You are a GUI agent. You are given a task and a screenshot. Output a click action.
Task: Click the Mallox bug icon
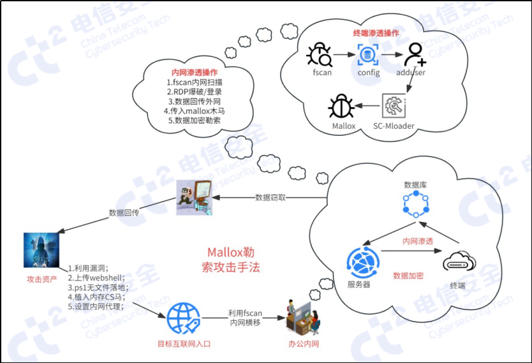342,106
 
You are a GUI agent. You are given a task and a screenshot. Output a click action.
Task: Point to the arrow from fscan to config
343,54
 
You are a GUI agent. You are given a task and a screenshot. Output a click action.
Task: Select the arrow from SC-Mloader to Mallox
368,106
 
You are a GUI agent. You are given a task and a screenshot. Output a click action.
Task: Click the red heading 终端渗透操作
376,32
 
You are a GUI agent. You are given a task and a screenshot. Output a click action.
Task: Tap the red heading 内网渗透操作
195,72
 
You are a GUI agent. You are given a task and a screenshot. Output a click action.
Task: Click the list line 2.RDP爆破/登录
195,91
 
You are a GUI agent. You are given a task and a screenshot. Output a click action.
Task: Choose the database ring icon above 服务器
415,204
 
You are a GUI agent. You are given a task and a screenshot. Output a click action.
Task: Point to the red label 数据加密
409,276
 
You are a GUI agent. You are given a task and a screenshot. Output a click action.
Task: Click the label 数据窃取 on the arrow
270,197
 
